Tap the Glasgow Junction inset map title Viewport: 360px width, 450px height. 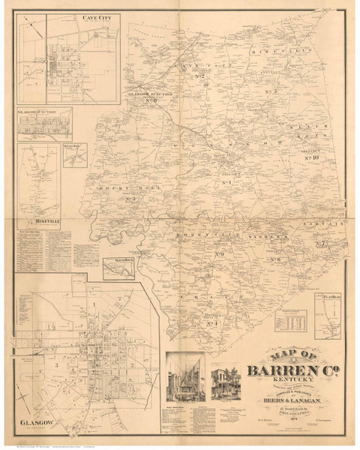(x=44, y=114)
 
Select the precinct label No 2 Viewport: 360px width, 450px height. (x=199, y=76)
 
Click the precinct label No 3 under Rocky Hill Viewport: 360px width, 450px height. (x=130, y=199)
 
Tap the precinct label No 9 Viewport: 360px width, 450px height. (x=220, y=256)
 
